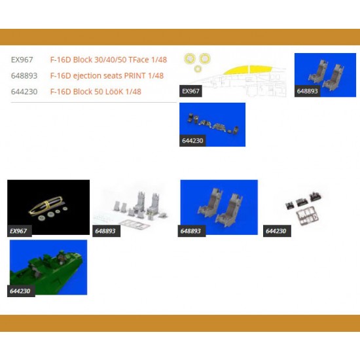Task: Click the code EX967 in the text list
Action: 22,60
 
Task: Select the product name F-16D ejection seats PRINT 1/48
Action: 107,75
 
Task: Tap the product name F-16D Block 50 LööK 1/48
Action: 96,92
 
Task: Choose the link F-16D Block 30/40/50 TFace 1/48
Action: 109,60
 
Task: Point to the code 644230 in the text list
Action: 24,92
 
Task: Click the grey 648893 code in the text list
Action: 24,75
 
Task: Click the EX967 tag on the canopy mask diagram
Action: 190,91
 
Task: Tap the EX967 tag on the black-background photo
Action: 19,231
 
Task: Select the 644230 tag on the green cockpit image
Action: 21,291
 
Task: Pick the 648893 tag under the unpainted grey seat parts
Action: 106,231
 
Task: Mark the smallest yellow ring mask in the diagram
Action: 198,69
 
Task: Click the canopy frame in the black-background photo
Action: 46,205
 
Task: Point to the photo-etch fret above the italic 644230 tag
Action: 308,217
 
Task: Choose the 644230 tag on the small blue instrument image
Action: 192,141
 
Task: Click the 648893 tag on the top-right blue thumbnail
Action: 307,91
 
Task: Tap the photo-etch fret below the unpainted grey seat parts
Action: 134,224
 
